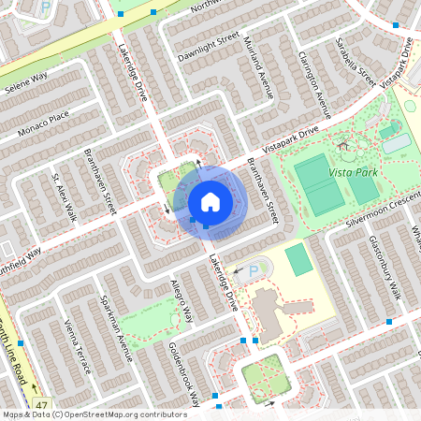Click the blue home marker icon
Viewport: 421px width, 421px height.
210,202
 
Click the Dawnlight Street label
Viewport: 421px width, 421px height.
210,46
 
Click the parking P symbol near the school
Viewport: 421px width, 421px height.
253,271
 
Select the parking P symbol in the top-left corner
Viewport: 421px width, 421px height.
45,7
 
